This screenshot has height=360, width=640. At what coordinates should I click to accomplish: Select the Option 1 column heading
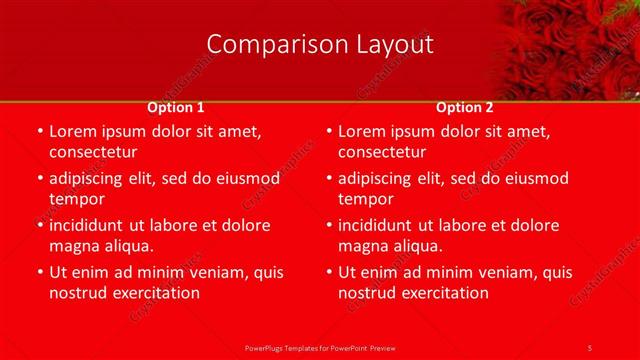coord(176,107)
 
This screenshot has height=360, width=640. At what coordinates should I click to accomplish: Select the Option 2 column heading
coord(465,107)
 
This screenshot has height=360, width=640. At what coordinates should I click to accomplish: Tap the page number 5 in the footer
coord(590,347)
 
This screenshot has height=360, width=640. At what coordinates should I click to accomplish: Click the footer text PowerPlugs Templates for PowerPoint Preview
coord(320,347)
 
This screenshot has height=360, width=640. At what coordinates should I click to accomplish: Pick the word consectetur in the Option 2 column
coord(382,152)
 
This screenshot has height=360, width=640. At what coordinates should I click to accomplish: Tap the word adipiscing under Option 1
coord(90,179)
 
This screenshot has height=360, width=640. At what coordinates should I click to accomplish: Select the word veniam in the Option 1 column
coord(214,272)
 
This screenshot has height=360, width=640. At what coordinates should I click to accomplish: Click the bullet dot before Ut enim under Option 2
coord(329,272)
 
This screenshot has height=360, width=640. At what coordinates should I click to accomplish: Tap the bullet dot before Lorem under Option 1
coord(40,131)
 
